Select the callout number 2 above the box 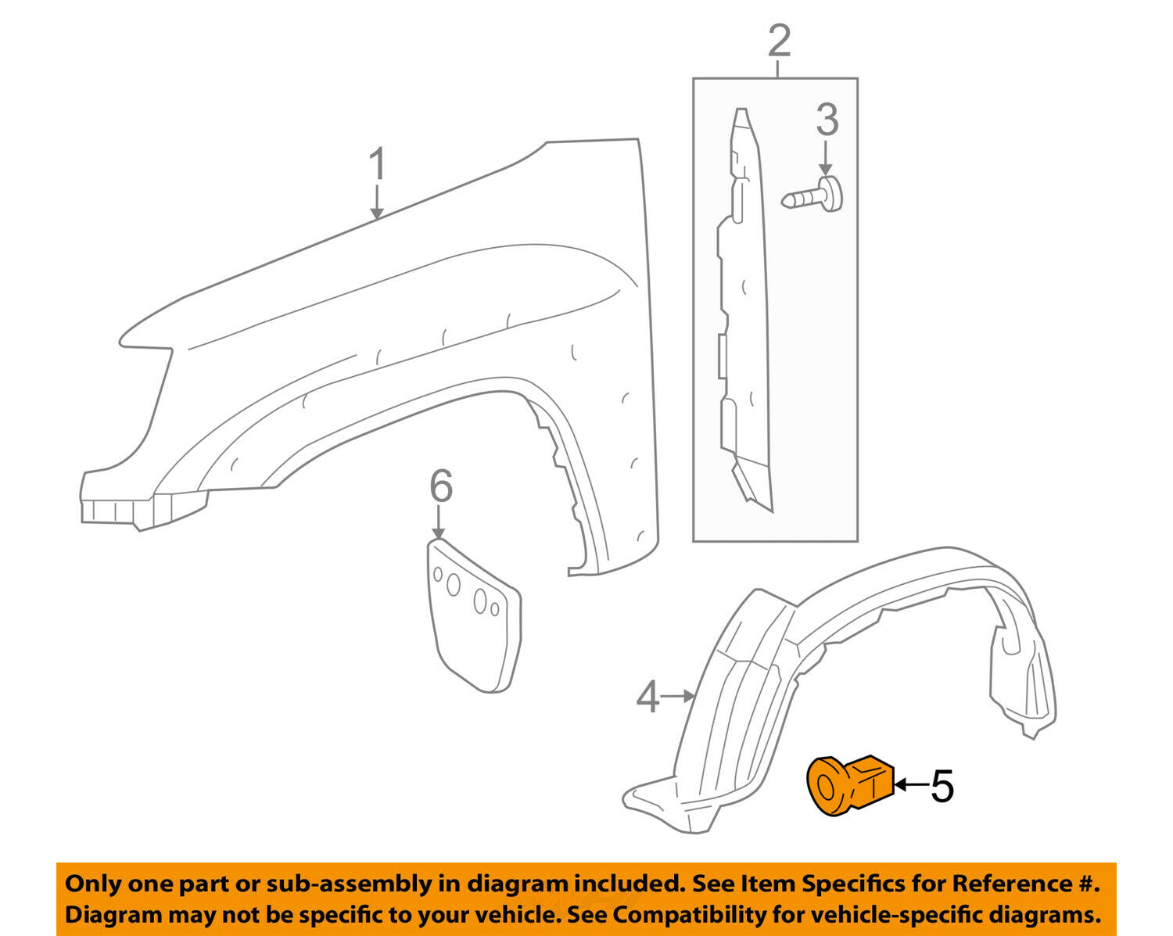(x=779, y=41)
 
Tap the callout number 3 (x=827, y=120)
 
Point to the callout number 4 (x=647, y=697)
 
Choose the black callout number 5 (x=942, y=786)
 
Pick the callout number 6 (x=441, y=486)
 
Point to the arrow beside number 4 (x=679, y=695)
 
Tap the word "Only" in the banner (x=93, y=884)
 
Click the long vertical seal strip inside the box (x=743, y=313)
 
